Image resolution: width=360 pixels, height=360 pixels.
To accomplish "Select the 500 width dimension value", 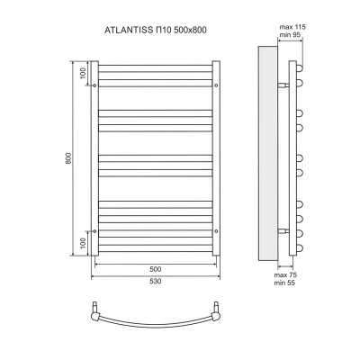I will click(x=155, y=269).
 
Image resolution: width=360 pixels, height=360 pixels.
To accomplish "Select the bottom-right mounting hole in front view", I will click(x=216, y=231).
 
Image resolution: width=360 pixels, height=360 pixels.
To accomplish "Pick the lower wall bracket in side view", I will click(x=283, y=231).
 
